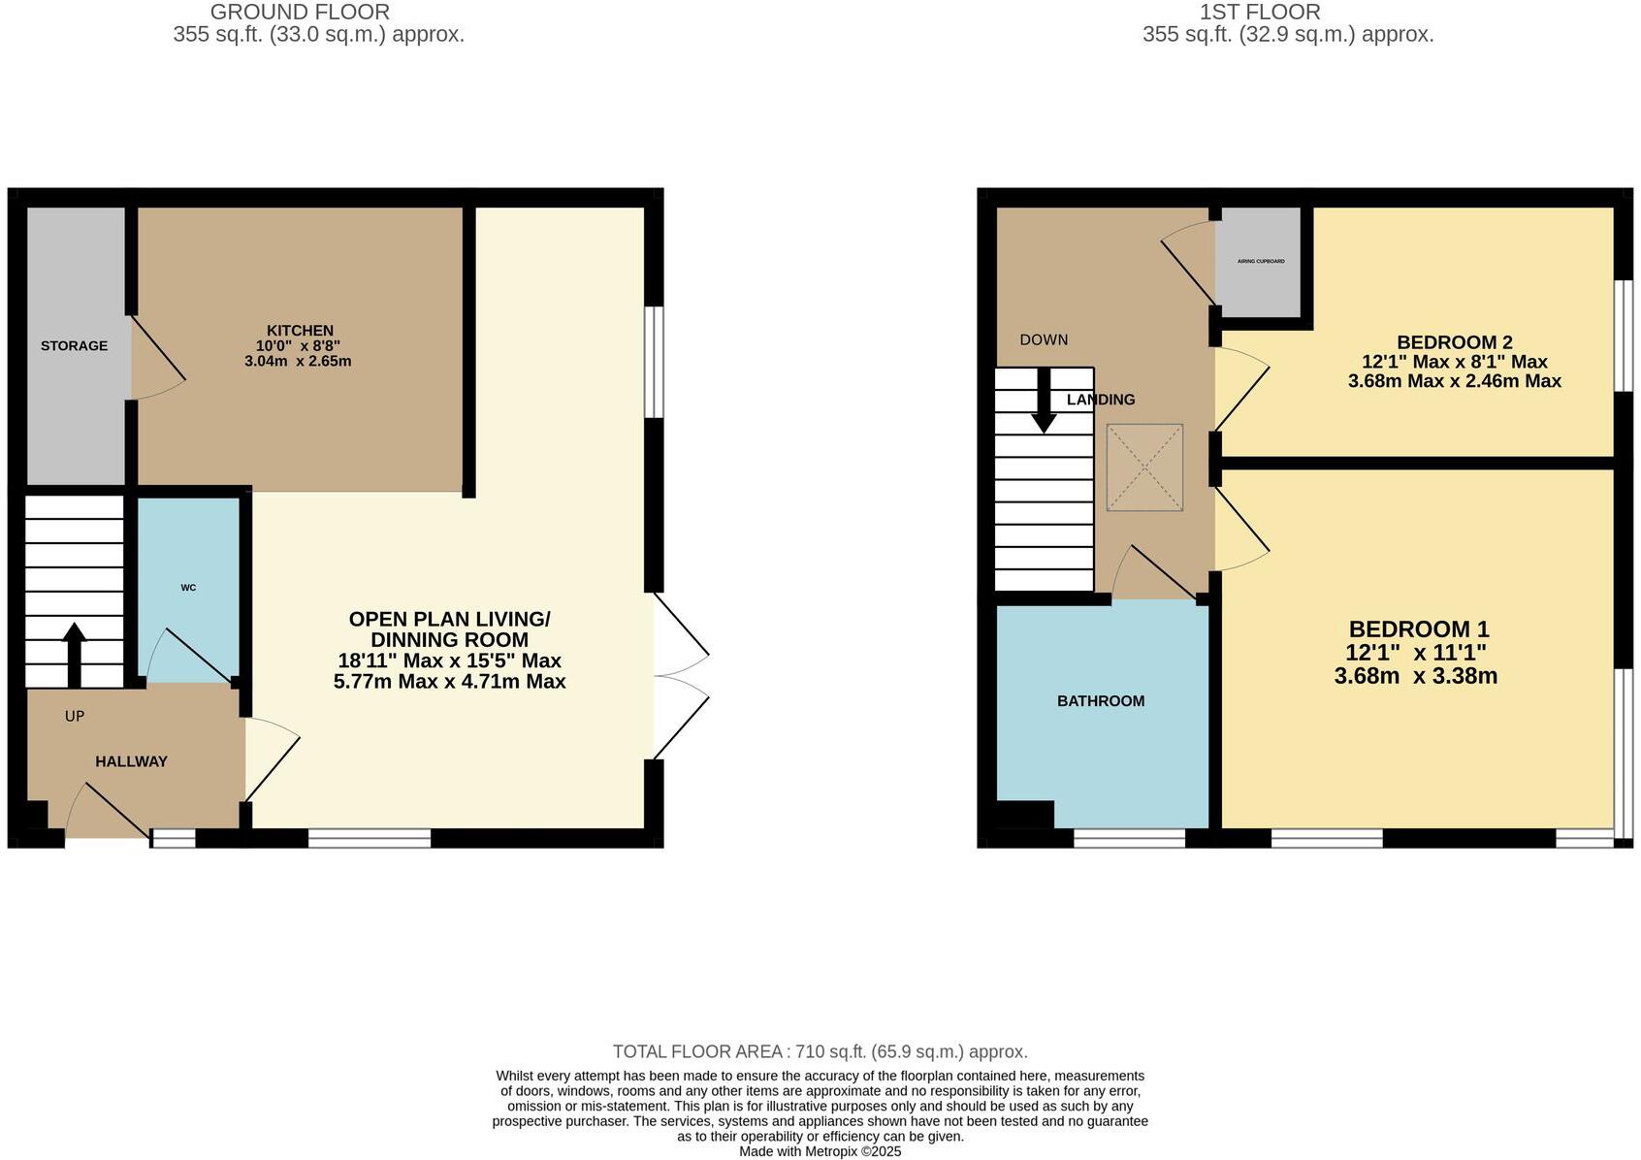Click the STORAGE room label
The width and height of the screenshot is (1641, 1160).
[x=74, y=346]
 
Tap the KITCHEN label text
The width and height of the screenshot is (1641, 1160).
[x=301, y=331]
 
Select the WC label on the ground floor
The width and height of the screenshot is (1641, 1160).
[x=188, y=588]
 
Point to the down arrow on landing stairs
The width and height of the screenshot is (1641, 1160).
[x=1044, y=401]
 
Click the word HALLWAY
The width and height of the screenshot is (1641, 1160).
[x=131, y=761]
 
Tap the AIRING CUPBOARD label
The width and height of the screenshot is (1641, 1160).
[x=1261, y=262]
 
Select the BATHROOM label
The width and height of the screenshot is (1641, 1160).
[x=1101, y=701]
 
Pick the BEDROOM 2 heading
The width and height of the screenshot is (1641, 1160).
[x=1454, y=342]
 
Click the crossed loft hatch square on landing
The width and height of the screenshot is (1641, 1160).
[x=1144, y=467]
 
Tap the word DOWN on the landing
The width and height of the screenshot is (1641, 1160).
[x=1044, y=340]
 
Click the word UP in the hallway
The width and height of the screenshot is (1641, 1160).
[x=75, y=717]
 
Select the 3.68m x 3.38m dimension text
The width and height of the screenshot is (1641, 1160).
[x=1415, y=676]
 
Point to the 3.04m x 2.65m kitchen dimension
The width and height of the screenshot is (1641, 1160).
[x=298, y=362]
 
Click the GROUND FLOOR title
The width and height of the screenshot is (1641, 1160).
[x=300, y=13]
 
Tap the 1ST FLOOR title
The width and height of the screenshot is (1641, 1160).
[x=1260, y=13]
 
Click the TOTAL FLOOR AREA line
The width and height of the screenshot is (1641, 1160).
[x=820, y=1051]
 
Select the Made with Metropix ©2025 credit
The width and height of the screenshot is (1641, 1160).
[x=820, y=1151]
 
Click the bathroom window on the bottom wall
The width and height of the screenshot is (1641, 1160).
[x=1129, y=838]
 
